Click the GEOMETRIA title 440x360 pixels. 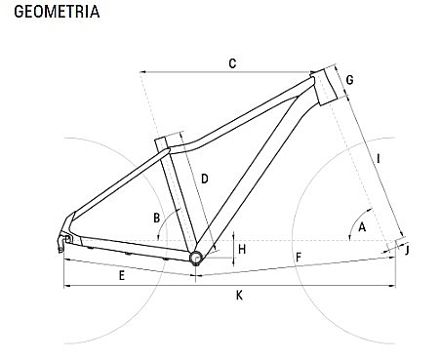(57, 12)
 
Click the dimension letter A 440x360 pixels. (362, 226)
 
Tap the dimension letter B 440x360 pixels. (157, 218)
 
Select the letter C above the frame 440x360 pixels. (232, 63)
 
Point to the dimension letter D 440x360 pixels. (205, 179)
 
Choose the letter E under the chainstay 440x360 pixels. (122, 276)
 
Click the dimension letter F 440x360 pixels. (299, 258)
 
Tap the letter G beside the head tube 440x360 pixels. (350, 80)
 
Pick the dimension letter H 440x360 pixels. (242, 250)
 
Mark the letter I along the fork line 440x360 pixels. (379, 159)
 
